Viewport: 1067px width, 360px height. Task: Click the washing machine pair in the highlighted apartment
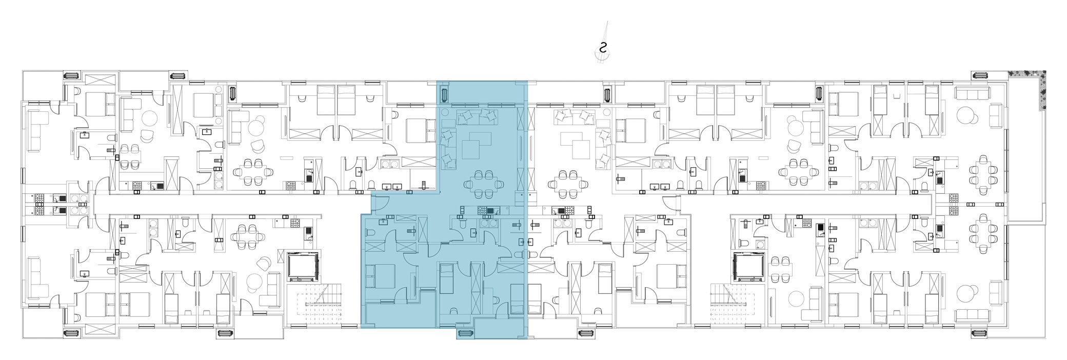click(x=488, y=223)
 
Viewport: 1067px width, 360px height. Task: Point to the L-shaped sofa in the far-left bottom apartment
click(x=39, y=277)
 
